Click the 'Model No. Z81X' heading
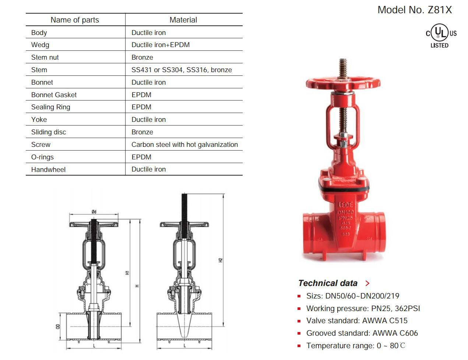coord(414,10)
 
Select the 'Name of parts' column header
coord(75,20)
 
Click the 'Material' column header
coord(183,20)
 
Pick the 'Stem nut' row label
coord(45,57)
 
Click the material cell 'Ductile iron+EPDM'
coord(161,45)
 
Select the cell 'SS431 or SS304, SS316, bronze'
coord(182,70)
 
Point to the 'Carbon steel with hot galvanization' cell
coord(184,145)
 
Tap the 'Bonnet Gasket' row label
coord(54,95)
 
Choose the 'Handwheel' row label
coord(48,170)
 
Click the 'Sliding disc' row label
coord(49,132)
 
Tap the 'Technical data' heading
coord(328,283)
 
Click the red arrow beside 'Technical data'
coord(367,283)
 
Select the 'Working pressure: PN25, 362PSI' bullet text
coord(363,308)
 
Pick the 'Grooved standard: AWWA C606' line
coord(362,333)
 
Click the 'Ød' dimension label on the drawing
coord(94,212)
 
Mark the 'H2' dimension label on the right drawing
coord(221,260)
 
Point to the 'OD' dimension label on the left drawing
coord(58,326)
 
